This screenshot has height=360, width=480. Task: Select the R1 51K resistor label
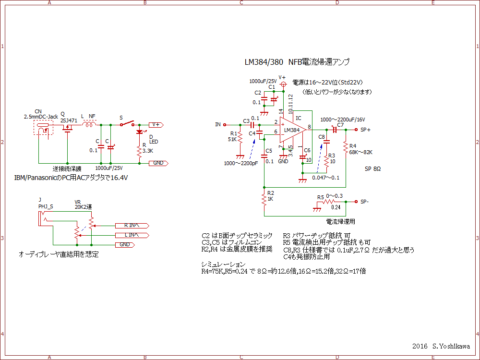pos(233,137)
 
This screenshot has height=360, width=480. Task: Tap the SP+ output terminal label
pos(366,130)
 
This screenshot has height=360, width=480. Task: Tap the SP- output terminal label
pos(365,202)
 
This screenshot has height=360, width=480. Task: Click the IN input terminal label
pos(218,125)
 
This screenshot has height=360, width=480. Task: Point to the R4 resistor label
pos(353,146)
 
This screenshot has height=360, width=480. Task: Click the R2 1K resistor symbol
pos(264,198)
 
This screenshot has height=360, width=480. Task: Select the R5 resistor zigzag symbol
pos(329,202)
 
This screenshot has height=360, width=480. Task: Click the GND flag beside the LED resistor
pos(158,163)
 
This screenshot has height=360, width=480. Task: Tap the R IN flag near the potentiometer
pos(132,226)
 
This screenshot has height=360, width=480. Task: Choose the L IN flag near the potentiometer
pos(132,235)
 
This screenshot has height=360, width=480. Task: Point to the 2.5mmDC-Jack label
pos(41,117)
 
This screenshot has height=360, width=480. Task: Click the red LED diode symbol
pos(140,132)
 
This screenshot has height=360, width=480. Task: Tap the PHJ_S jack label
pos(46,206)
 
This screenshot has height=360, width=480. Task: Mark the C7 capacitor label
pos(340,125)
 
